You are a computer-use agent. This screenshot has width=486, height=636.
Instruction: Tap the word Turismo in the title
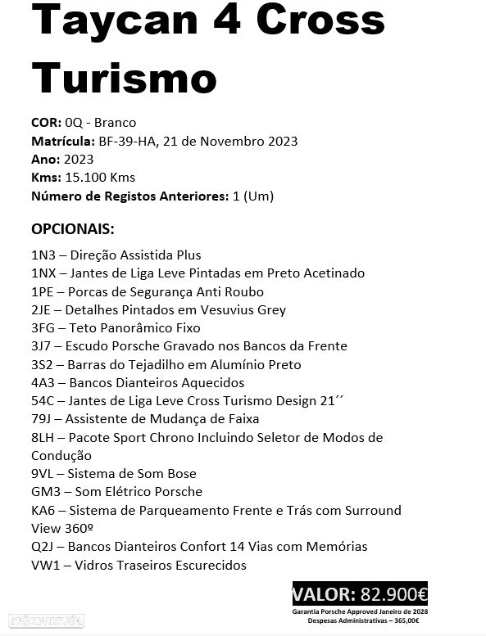[124, 79]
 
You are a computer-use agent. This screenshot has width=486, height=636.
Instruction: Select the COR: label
[45, 123]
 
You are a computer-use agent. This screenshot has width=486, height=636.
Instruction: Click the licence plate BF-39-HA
[128, 141]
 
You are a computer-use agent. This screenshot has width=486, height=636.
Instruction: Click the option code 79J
[42, 419]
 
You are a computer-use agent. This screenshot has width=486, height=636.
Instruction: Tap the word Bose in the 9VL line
[181, 474]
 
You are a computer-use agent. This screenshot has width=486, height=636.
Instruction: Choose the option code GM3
[45, 492]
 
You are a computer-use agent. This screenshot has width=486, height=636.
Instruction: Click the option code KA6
[43, 510]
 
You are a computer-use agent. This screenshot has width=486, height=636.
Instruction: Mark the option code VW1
[45, 565]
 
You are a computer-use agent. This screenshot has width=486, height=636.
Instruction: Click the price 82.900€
[393, 594]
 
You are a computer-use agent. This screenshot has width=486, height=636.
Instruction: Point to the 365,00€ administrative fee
[404, 621]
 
